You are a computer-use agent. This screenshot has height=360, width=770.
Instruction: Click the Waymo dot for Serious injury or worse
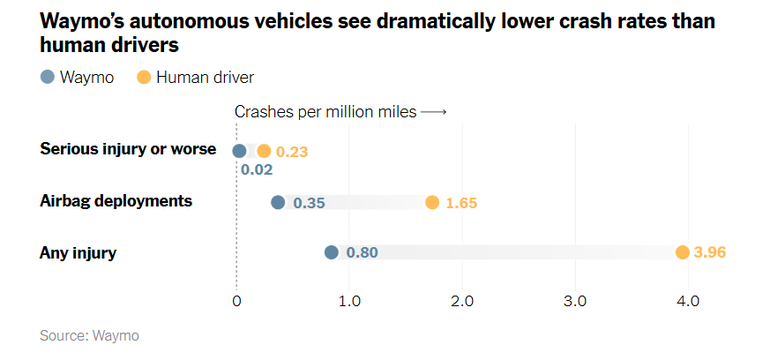coord(239,151)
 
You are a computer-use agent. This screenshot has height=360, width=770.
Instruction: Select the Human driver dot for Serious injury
coord(264,151)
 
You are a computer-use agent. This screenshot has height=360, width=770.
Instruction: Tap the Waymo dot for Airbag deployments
coord(278,202)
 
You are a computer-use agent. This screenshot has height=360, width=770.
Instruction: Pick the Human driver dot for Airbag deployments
coord(432,202)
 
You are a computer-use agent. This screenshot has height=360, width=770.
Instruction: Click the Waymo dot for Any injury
coord(332,252)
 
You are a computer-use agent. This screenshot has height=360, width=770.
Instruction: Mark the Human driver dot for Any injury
coord(682,252)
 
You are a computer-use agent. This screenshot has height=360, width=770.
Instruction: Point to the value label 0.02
coord(257,169)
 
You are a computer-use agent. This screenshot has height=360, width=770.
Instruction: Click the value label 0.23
coord(292,152)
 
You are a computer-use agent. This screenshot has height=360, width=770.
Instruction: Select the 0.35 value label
coord(310,203)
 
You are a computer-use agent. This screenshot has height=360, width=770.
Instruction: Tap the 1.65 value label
coord(461,203)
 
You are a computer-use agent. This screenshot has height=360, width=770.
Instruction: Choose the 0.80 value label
coord(362,253)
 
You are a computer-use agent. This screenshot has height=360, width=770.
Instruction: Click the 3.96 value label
coord(710,253)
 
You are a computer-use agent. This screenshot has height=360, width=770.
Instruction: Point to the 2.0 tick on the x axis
coord(462,301)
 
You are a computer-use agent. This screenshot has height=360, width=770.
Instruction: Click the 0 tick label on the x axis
coord(236,301)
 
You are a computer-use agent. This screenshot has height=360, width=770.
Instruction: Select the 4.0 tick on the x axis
coord(688,301)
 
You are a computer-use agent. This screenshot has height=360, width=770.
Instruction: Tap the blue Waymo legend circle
coord(48,78)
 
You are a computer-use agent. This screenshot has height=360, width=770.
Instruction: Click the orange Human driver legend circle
coord(144,78)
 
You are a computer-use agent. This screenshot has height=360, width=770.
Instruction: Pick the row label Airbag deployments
coord(116,201)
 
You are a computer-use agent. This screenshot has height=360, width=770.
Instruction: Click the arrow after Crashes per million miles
coord(434,112)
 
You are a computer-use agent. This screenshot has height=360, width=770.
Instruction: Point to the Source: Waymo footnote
coord(89,335)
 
